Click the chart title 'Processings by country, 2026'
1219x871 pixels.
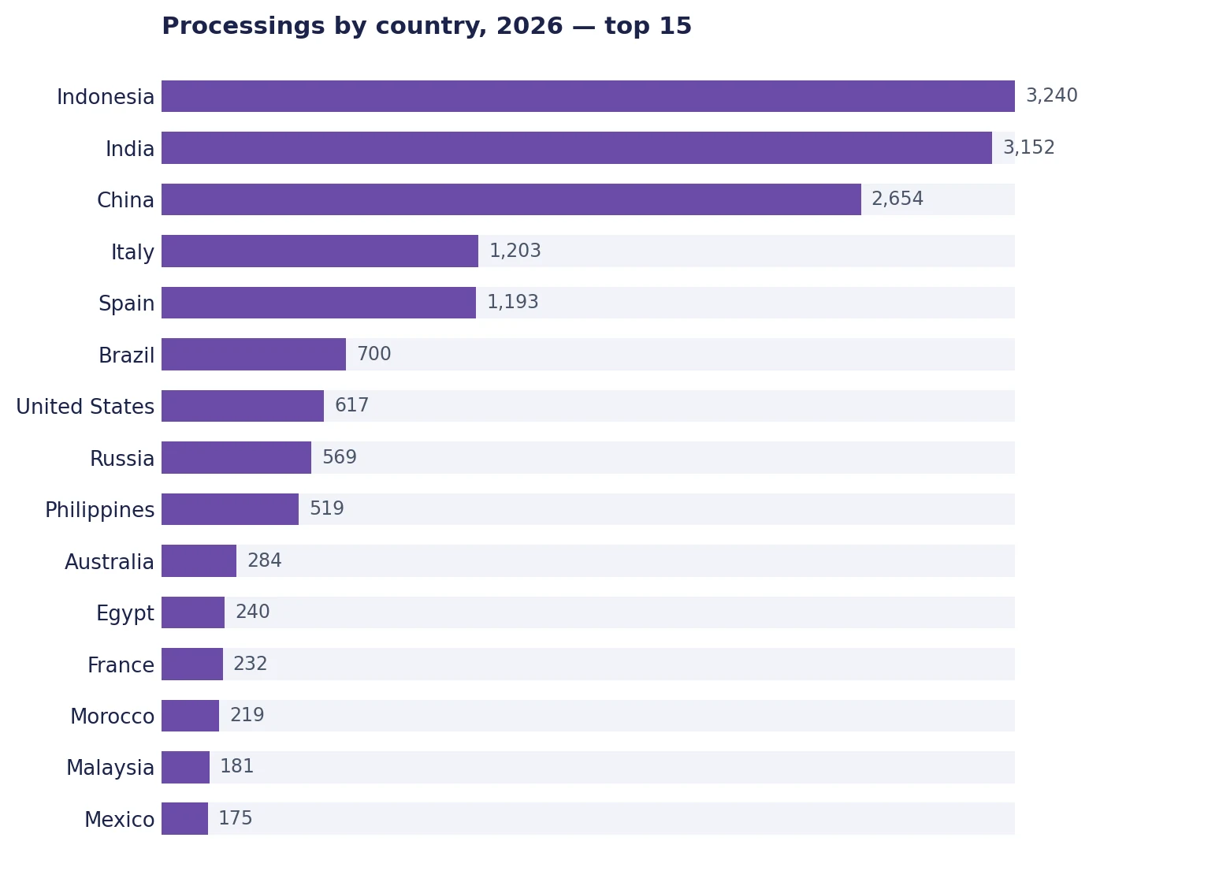click(x=362, y=26)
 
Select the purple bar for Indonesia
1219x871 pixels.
click(x=589, y=96)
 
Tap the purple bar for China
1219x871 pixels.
click(x=511, y=199)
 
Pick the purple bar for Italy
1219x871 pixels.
click(x=320, y=251)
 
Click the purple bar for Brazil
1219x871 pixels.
click(x=254, y=355)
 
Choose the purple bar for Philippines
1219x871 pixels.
click(x=230, y=509)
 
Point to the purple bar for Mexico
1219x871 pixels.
click(x=184, y=819)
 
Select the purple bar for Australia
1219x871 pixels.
click(x=199, y=560)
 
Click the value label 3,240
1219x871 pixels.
click(x=1051, y=96)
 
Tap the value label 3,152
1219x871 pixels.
click(x=1028, y=147)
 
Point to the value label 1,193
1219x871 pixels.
click(x=513, y=302)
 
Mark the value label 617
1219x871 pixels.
click(x=351, y=406)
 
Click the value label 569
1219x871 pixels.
click(x=340, y=457)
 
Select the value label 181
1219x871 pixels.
click(x=236, y=766)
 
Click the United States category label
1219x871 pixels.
click(x=85, y=407)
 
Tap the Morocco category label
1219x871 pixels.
click(x=112, y=717)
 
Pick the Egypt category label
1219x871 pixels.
click(x=125, y=614)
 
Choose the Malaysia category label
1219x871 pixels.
click(x=110, y=768)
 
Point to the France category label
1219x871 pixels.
click(x=121, y=665)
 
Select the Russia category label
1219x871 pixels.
click(x=122, y=459)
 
